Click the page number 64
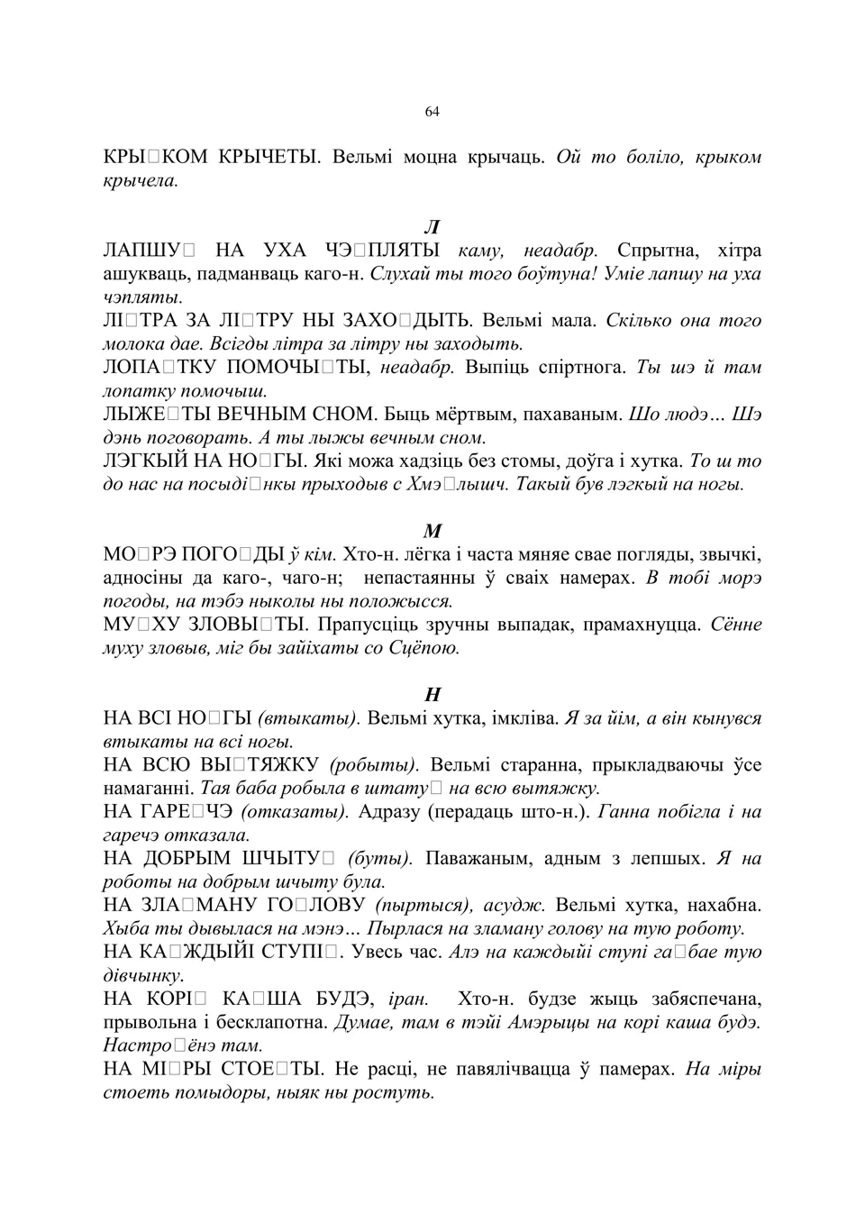(432, 112)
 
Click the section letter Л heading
(432, 227)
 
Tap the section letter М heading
(432, 531)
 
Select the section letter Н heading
(432, 695)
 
